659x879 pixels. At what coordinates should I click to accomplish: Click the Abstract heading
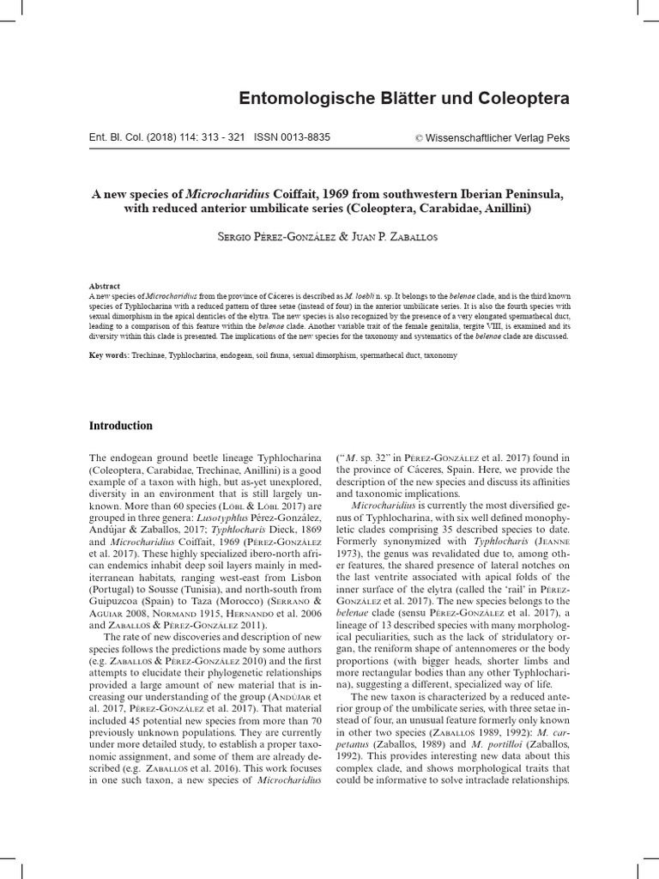click(x=105, y=286)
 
